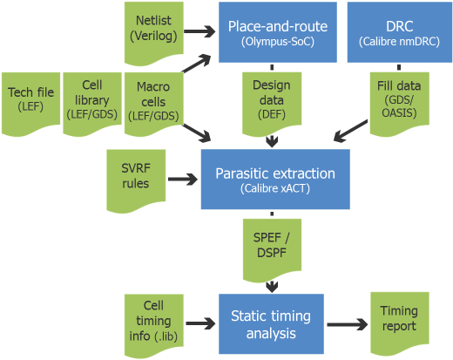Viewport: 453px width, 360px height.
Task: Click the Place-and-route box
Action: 278,32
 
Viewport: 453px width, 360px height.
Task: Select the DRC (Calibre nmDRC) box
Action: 400,32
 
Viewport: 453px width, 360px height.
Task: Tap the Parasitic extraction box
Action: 275,180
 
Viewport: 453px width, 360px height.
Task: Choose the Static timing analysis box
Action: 271,324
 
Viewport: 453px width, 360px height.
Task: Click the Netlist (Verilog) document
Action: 154,33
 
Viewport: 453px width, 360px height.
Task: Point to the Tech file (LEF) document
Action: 30,104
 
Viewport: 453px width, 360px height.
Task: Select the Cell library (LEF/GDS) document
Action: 92,104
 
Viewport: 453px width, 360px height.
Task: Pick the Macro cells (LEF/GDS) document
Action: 154,104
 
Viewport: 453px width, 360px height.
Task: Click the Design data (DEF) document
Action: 272,104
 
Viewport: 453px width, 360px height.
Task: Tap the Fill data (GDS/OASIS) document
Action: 400,104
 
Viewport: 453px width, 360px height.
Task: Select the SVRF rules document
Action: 136,180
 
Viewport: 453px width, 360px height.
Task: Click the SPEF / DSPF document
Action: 272,250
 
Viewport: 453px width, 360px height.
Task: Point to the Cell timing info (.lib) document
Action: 154,325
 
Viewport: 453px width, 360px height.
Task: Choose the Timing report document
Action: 400,323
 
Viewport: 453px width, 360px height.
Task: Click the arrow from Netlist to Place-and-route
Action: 199,31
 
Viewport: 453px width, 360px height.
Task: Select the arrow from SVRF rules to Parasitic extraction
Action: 183,179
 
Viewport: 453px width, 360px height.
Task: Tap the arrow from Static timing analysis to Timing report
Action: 348,324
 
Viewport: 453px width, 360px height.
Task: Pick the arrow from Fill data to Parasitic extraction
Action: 350,131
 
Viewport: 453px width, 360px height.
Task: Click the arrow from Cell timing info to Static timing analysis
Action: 200,323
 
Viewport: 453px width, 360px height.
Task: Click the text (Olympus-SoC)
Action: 278,42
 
